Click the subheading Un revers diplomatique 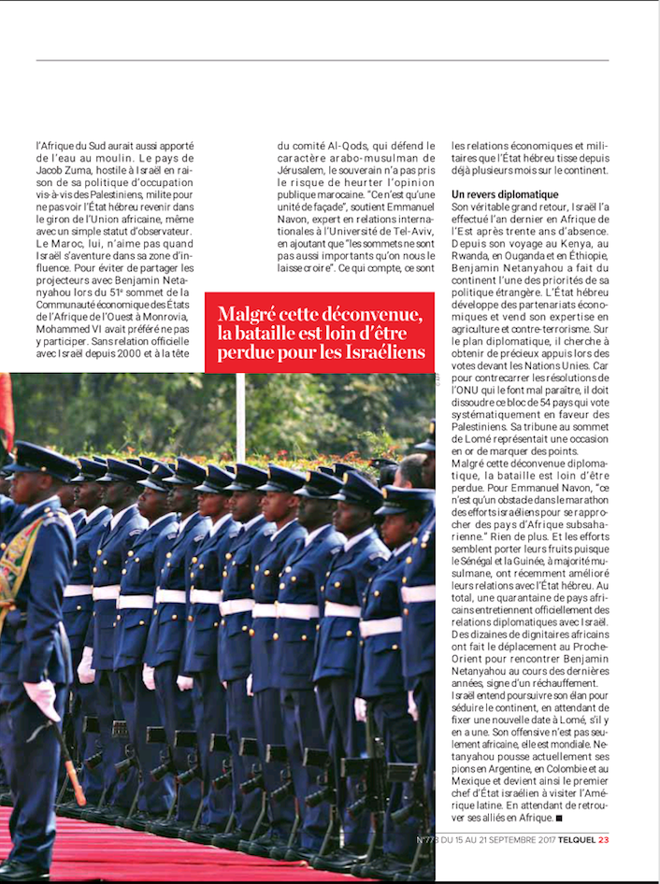pyautogui.click(x=506, y=194)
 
